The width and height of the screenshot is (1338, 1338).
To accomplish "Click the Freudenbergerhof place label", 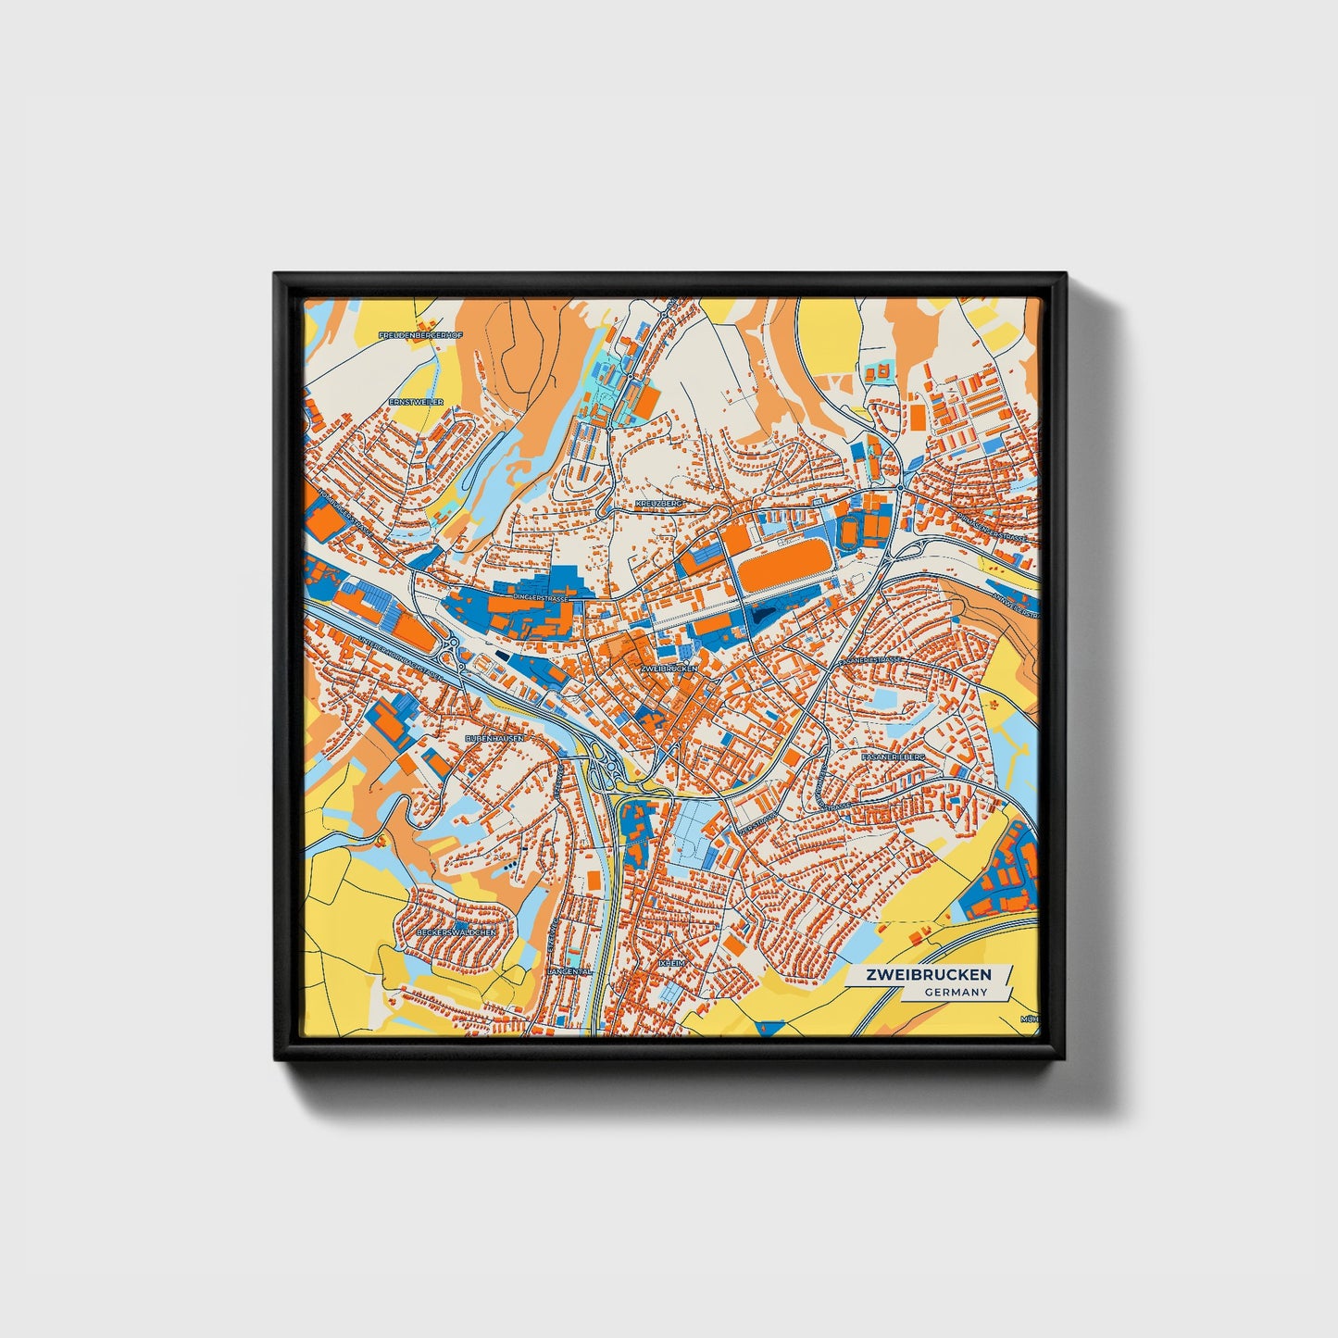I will click(x=420, y=333).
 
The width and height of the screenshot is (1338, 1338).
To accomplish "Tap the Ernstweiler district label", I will click(x=416, y=402).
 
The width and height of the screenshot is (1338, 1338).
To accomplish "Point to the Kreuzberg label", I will click(x=658, y=503).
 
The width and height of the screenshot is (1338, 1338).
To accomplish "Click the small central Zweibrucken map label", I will click(x=668, y=668).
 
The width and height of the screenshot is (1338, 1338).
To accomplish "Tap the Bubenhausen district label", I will click(x=494, y=738).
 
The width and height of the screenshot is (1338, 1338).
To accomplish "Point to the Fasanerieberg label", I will click(x=893, y=757).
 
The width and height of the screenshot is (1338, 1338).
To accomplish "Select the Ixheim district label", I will click(x=670, y=963).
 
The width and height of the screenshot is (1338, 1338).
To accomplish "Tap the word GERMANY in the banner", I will click(x=955, y=992).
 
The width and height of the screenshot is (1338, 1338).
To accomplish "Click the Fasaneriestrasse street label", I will click(x=869, y=659).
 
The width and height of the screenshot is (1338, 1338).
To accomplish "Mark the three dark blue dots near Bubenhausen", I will click(x=510, y=866).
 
